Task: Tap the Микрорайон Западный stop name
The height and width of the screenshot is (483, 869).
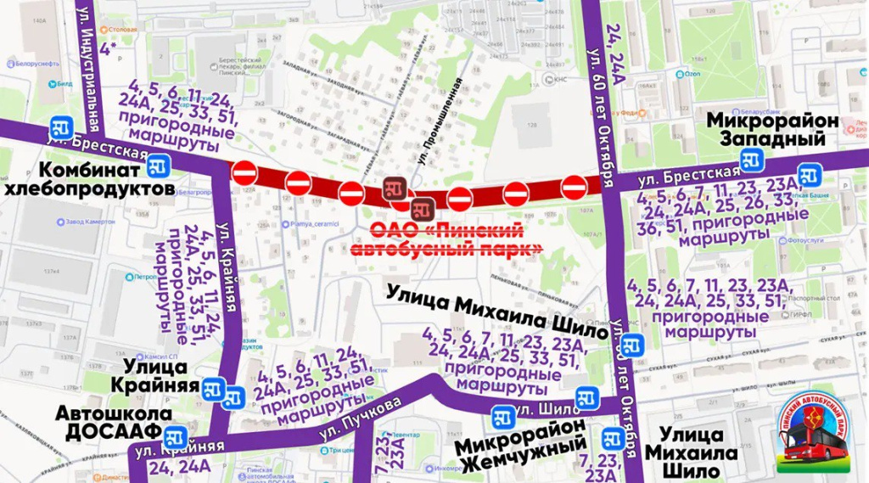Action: [773, 129]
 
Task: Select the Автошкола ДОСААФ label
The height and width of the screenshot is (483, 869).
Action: [114, 422]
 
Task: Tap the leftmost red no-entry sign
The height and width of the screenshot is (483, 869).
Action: [244, 173]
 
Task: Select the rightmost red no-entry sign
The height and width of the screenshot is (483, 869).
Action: [574, 186]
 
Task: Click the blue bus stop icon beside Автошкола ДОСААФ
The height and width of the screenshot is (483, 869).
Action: [176, 437]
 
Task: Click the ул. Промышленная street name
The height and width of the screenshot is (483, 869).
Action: [439, 119]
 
